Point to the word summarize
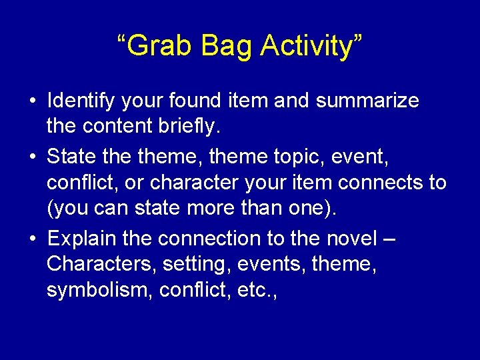367,101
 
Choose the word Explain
83,238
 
